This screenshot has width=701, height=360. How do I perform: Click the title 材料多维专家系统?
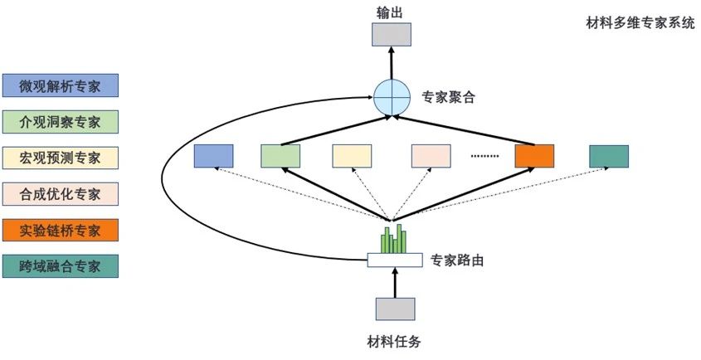click(x=640, y=23)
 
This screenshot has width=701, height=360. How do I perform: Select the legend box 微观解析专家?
click(x=61, y=85)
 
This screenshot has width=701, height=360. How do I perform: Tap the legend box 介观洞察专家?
click(x=61, y=122)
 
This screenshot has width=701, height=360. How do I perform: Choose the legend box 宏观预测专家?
click(x=61, y=158)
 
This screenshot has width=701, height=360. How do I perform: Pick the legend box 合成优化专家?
click(x=61, y=194)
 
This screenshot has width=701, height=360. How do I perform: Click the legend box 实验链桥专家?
click(x=61, y=231)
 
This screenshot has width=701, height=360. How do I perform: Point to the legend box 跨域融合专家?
click(x=61, y=266)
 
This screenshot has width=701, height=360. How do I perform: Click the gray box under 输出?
click(x=392, y=35)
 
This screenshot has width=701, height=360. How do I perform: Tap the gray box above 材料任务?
click(x=395, y=309)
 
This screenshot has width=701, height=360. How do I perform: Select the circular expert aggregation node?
click(x=392, y=97)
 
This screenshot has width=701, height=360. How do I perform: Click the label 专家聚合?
click(x=448, y=98)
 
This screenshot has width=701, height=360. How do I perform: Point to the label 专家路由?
click(x=457, y=260)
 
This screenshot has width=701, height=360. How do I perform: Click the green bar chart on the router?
click(x=394, y=238)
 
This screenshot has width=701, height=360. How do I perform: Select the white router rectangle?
click(x=395, y=260)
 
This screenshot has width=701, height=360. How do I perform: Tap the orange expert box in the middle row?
click(x=534, y=156)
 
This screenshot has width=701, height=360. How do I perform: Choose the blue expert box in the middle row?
click(x=214, y=156)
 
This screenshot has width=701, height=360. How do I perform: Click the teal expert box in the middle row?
click(x=609, y=156)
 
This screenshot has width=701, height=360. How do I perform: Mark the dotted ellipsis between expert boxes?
click(x=484, y=156)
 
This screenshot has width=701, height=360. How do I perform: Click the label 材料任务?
click(x=394, y=342)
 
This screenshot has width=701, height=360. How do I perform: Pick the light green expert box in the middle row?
click(x=280, y=156)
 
